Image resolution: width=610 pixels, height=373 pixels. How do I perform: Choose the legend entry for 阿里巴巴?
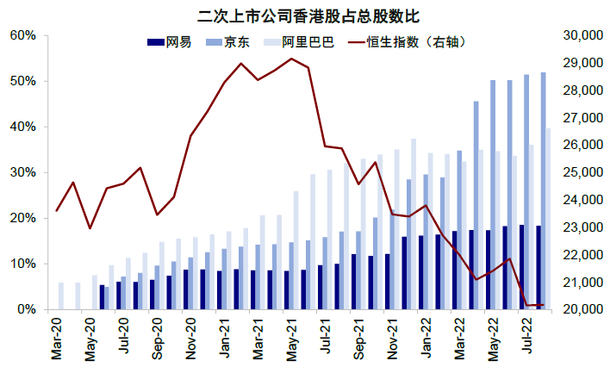(x=297, y=42)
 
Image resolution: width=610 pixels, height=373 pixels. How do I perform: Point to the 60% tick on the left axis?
(x=23, y=35)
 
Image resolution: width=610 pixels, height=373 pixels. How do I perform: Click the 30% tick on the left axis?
(x=23, y=172)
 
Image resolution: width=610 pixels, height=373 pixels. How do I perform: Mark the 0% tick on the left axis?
(x=27, y=309)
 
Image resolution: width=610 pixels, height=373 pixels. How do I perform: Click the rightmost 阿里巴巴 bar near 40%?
(x=549, y=219)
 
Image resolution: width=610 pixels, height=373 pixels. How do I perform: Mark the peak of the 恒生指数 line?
(x=291, y=59)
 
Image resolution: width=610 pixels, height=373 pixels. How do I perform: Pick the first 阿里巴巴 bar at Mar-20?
(x=61, y=295)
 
